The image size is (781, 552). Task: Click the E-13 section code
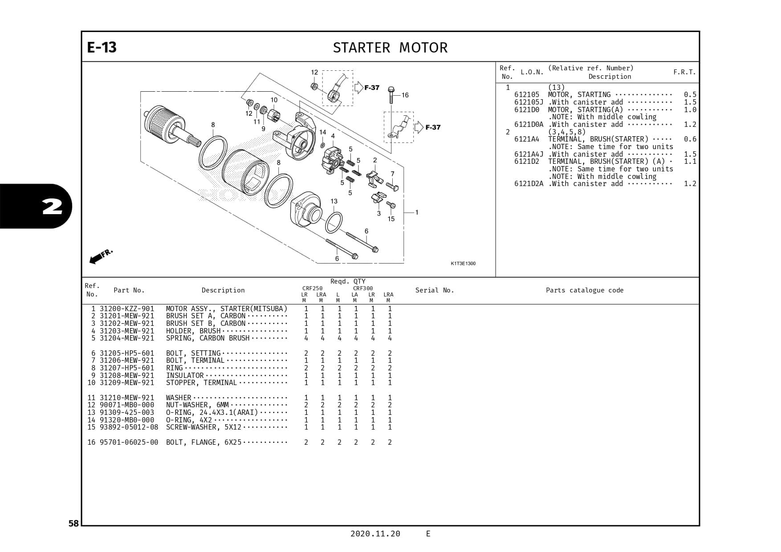click(x=102, y=47)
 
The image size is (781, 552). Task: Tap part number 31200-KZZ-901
click(x=127, y=308)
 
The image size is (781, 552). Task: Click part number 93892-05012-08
click(x=129, y=427)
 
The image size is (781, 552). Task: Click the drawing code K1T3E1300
click(x=463, y=264)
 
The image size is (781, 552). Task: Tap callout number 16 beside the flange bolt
click(x=405, y=95)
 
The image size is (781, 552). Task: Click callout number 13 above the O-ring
click(x=334, y=201)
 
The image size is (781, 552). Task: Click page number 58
click(x=73, y=524)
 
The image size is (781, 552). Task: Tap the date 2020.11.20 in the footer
click(x=375, y=534)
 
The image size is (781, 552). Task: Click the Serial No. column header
click(x=434, y=290)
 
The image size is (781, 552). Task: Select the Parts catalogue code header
click(x=584, y=290)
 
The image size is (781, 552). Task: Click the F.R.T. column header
click(x=684, y=72)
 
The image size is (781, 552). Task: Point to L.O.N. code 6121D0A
click(x=529, y=125)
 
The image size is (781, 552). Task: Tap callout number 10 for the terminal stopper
click(x=274, y=100)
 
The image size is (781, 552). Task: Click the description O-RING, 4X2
click(x=189, y=420)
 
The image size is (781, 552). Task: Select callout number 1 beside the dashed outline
click(x=417, y=212)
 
